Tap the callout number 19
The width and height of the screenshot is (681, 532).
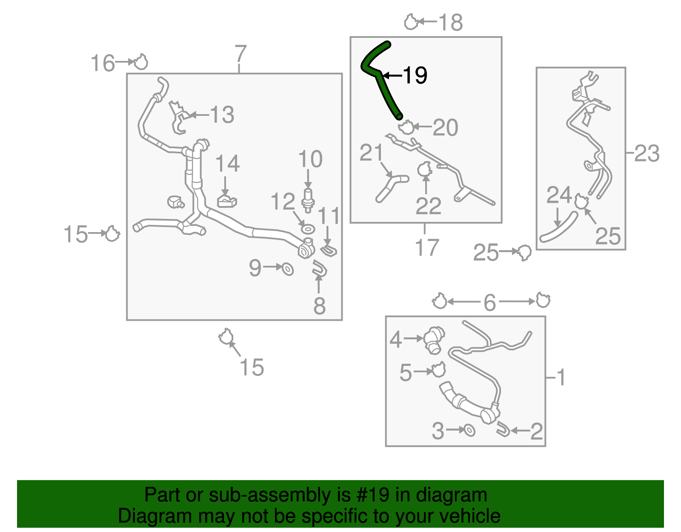[415, 75]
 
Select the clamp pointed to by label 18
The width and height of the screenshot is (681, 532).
[411, 22]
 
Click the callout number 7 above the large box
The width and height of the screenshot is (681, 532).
[240, 54]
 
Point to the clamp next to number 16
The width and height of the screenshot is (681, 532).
[140, 62]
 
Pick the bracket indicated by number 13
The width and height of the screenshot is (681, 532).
[178, 117]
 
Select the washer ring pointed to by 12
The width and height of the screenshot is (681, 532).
[308, 230]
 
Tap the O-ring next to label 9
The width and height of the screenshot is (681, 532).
[288, 269]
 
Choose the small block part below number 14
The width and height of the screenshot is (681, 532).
[227, 201]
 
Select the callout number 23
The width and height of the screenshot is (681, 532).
[647, 153]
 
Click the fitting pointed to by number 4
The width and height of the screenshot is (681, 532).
[434, 339]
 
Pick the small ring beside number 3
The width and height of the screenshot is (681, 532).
[469, 430]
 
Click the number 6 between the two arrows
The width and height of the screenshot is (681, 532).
[490, 302]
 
